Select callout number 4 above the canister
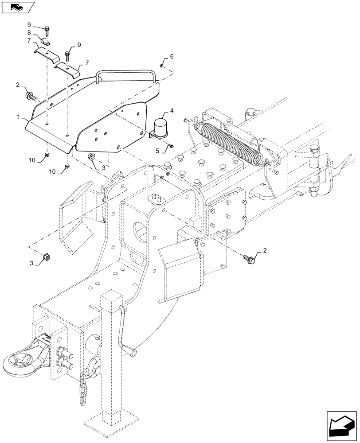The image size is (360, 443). coord(171,111)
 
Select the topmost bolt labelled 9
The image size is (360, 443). coord(47,29)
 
